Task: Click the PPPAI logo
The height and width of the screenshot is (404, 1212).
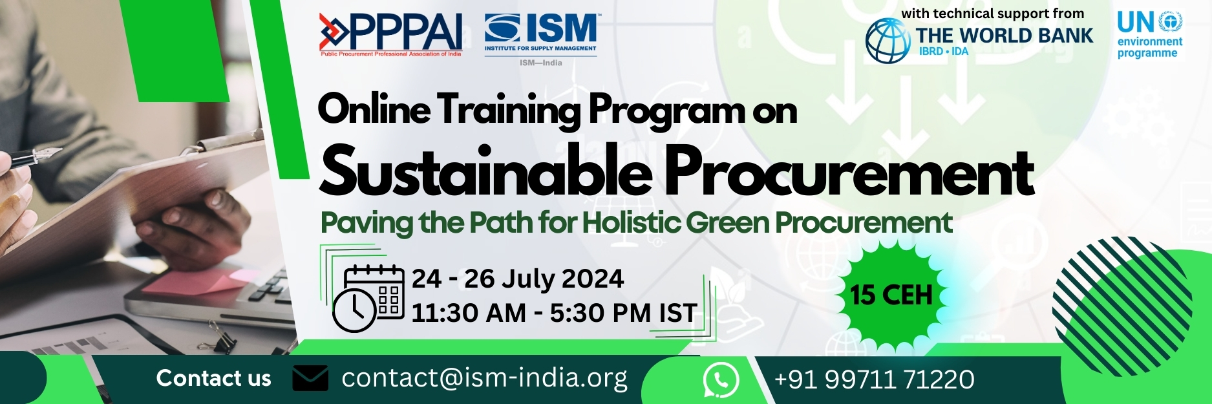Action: tap(390, 34)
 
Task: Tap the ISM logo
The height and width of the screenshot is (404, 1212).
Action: tap(541, 34)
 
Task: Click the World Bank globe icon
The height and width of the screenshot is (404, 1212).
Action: tap(888, 41)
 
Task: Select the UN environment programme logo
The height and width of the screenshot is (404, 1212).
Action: tap(1149, 36)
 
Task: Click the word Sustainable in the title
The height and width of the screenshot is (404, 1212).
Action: tap(485, 173)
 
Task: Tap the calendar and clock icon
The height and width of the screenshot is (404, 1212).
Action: tap(367, 297)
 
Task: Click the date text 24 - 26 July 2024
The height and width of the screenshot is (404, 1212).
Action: tap(517, 279)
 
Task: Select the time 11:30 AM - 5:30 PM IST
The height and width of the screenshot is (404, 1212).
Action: tap(554, 313)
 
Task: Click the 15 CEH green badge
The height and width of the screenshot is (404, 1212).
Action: tap(891, 295)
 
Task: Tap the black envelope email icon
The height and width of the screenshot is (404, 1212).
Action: tap(310, 378)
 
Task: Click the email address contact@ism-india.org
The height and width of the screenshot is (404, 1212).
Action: tap(484, 378)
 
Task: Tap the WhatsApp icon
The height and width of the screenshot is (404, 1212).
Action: tap(720, 379)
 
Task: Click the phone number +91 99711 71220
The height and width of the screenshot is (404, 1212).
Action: tap(874, 379)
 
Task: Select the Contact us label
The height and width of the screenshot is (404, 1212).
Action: tap(213, 378)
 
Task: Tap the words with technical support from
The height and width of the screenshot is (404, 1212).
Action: tap(992, 14)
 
